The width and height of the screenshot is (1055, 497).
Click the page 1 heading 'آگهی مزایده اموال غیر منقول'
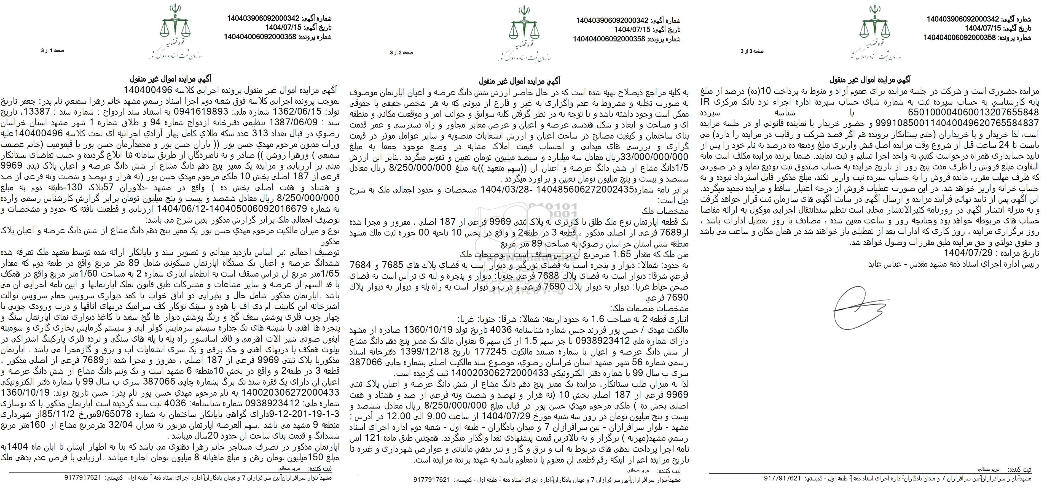coord(171,79)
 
